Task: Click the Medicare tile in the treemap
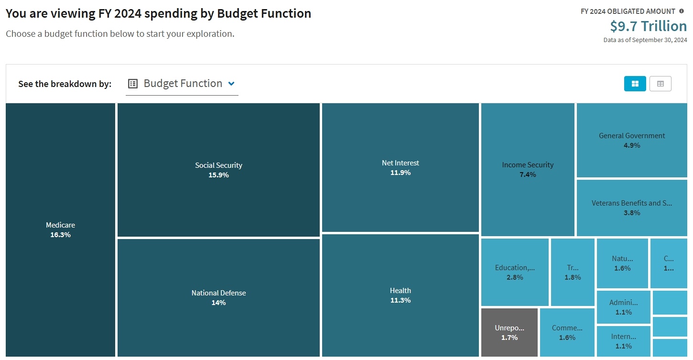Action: pos(60,229)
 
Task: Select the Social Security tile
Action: pos(218,170)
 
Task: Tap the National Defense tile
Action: pos(218,297)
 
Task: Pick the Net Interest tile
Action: pos(400,167)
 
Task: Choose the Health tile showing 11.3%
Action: pos(400,295)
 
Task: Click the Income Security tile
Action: pos(528,169)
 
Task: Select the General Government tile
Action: pos(632,140)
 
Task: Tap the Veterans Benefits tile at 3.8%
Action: pos(632,207)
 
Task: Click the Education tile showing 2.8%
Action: pos(515,272)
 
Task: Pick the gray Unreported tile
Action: pos(509,332)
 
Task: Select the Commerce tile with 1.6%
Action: pos(567,332)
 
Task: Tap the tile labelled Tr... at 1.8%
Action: pos(573,272)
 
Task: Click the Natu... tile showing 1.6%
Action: pos(622,263)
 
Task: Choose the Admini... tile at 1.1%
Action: pos(623,307)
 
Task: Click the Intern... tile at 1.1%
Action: pos(623,341)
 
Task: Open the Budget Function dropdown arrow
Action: pos(231,84)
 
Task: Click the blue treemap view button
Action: pos(635,84)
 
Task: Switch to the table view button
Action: pos(660,84)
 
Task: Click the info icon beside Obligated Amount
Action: pos(682,11)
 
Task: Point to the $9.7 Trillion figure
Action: pos(648,26)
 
